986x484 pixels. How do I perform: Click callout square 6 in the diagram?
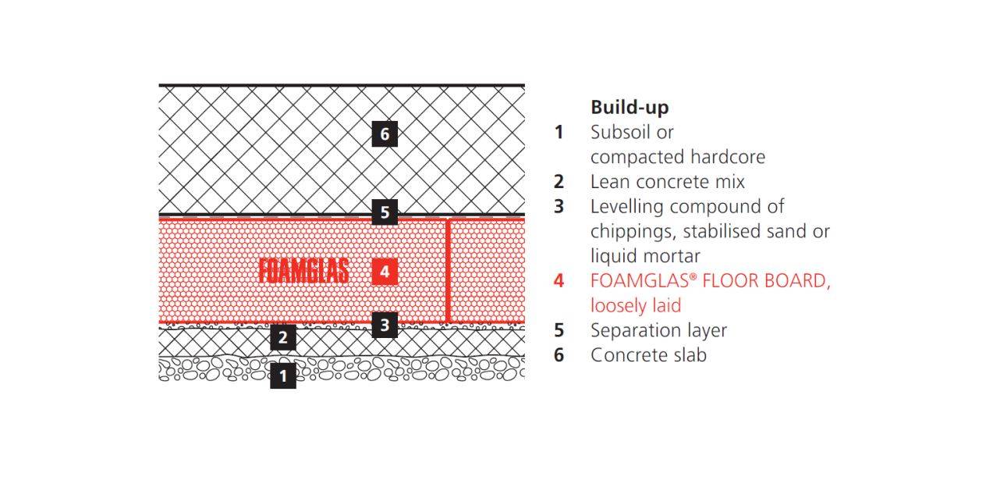click(x=385, y=134)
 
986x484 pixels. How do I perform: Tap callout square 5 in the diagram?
click(x=385, y=212)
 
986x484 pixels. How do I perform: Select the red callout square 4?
click(x=385, y=272)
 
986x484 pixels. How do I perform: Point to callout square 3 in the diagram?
click(x=385, y=325)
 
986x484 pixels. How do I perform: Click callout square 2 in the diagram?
click(x=283, y=337)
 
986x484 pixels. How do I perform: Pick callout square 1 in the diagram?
click(x=283, y=375)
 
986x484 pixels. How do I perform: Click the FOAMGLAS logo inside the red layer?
click(x=303, y=271)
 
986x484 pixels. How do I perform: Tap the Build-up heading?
click(x=630, y=108)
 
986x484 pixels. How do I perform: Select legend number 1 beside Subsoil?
click(x=559, y=132)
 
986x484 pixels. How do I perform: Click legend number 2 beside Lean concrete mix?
click(x=559, y=181)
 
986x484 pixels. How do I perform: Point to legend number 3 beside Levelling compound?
click(x=559, y=206)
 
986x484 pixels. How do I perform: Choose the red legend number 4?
click(x=559, y=280)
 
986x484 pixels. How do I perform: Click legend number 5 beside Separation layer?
click(x=559, y=330)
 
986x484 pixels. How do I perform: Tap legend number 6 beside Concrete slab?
click(x=559, y=354)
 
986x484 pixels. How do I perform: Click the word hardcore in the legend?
click(x=728, y=157)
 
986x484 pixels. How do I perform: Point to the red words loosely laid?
click(x=636, y=305)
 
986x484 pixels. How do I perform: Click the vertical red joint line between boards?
click(x=448, y=271)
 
